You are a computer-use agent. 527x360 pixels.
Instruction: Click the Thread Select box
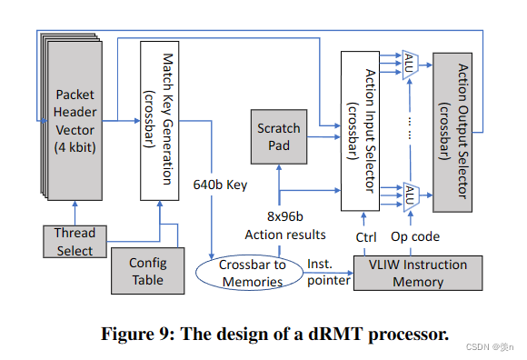coord(75,242)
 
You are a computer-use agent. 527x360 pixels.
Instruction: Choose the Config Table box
coord(147,271)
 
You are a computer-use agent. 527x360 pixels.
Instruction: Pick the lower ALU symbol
coord(411,195)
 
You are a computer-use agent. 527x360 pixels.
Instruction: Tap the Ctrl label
coord(367,237)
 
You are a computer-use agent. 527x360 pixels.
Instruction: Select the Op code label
coord(415,237)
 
